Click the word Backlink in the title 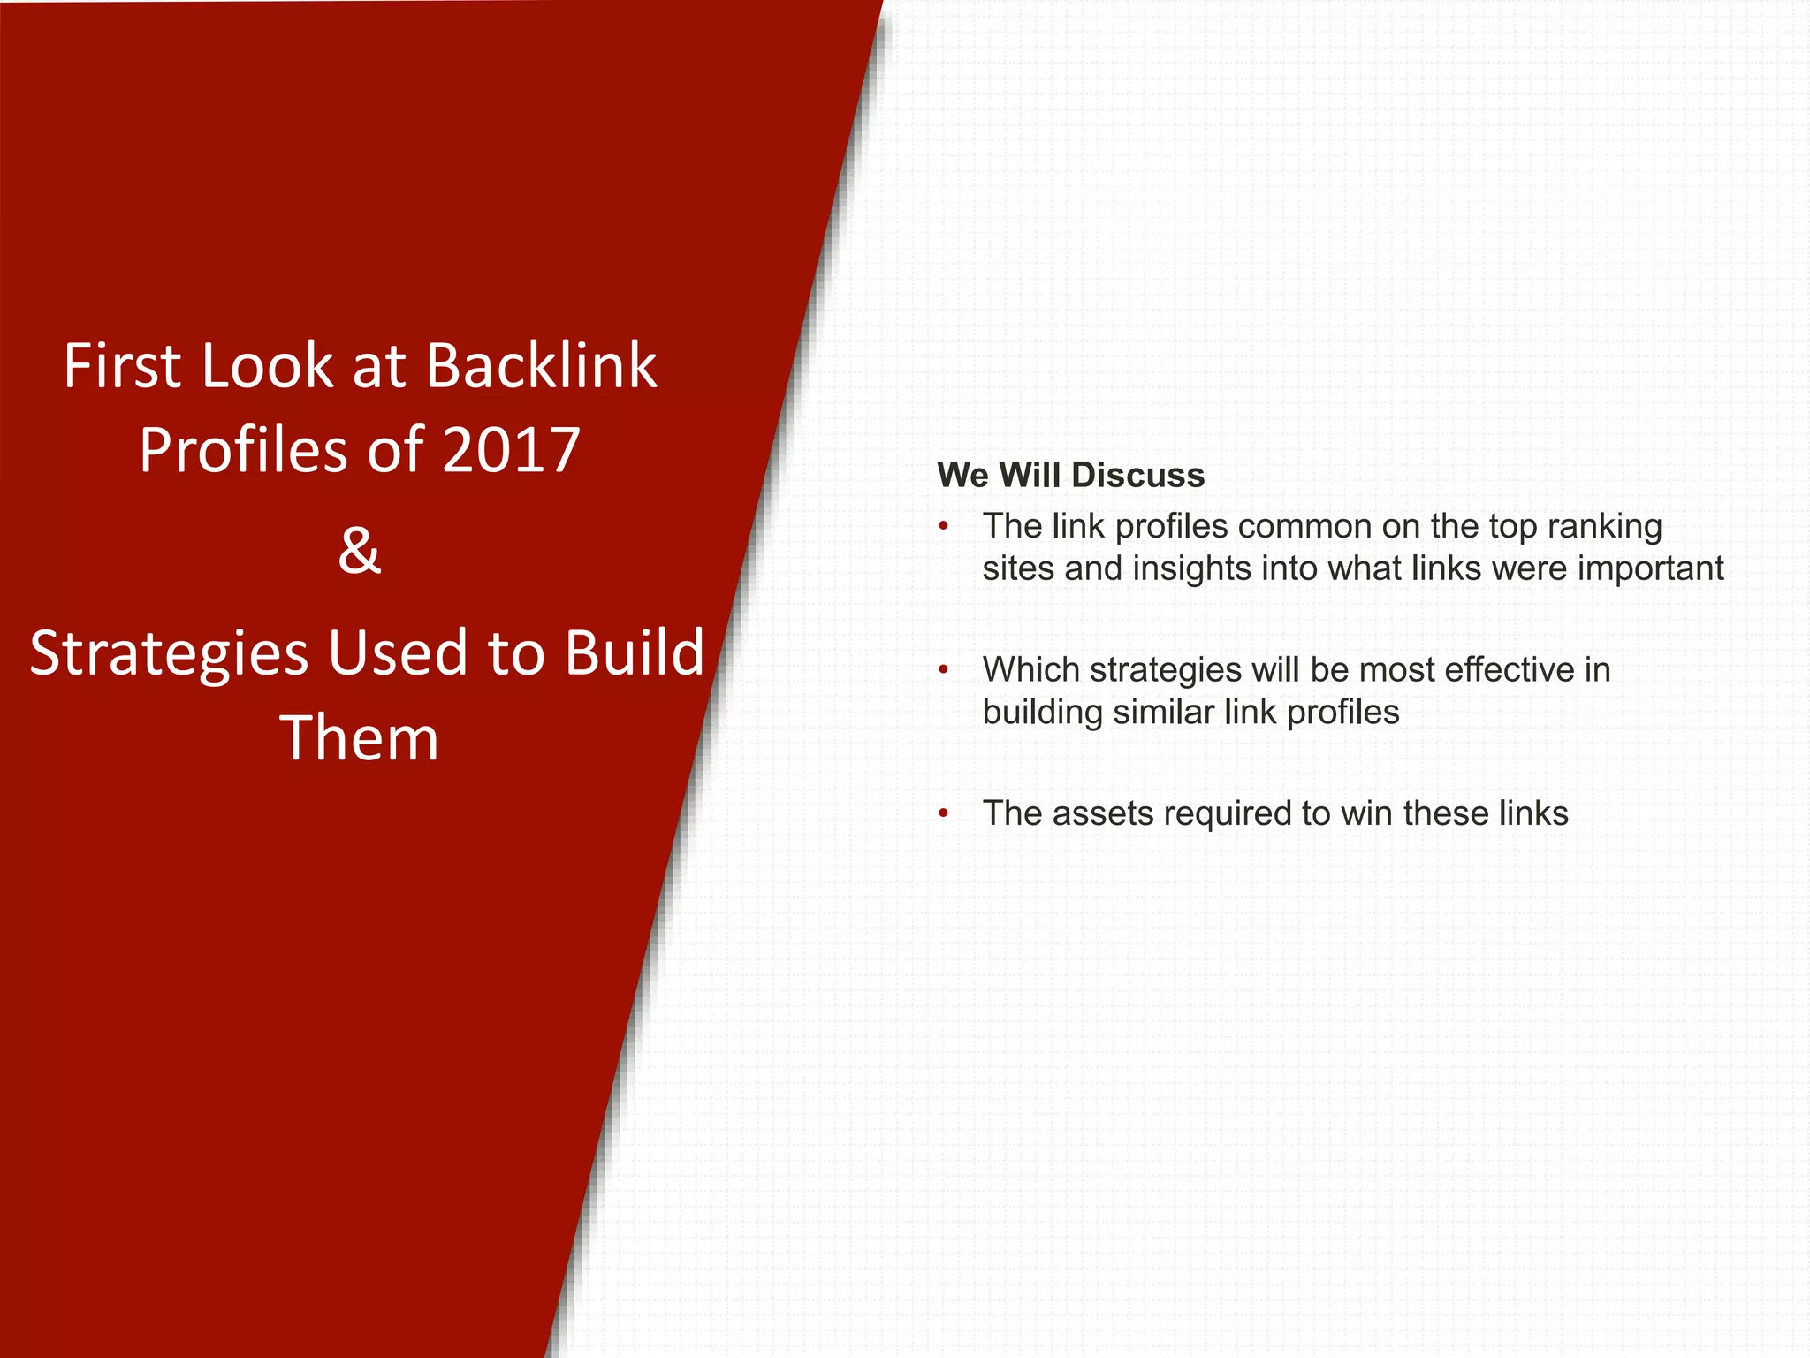click(x=541, y=365)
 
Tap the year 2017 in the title click(x=510, y=450)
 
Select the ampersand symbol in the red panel click(x=359, y=551)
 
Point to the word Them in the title click(x=359, y=738)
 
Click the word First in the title click(x=122, y=365)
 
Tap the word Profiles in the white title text click(x=244, y=450)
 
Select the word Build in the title click(x=634, y=653)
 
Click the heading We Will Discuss click(x=1070, y=476)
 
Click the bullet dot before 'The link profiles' click(x=944, y=527)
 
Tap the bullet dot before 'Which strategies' click(x=944, y=671)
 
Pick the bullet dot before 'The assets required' click(x=944, y=813)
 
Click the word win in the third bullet click(x=1365, y=813)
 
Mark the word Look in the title click(x=267, y=365)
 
